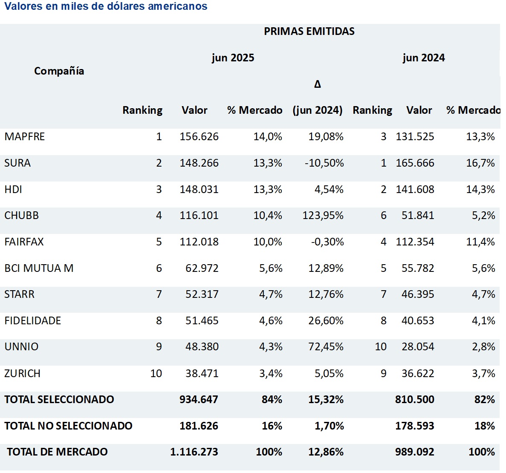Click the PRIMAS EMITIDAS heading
coord(309,31)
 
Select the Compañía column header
coord(59,71)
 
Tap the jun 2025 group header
coord(233,58)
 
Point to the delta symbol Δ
coord(317,84)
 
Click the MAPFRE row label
coord(25,137)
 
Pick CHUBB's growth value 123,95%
coord(323,216)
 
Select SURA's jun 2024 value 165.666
coord(415,163)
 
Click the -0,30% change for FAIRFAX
coord(327,242)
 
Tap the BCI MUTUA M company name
coord(39,268)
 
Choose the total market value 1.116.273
coord(194,452)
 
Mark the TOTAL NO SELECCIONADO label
coord(68,426)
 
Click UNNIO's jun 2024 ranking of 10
coord(381,347)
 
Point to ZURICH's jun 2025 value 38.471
coord(202,374)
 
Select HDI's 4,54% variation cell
coord(329,190)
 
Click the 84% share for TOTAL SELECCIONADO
coord(272,400)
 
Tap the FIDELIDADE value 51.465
coord(202,321)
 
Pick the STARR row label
coord(19,294)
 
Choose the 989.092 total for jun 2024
coord(414,452)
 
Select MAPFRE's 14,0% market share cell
coord(267,137)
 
